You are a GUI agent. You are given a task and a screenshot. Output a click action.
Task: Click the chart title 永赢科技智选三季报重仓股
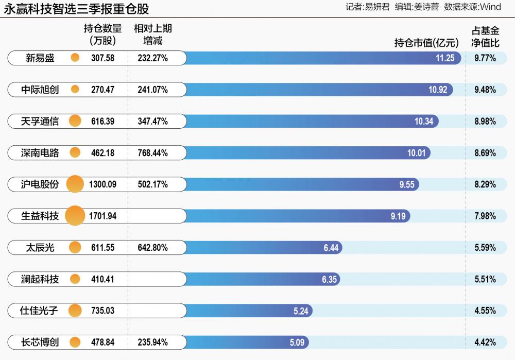tap(78, 9)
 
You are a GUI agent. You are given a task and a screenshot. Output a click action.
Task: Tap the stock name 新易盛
tap(40, 58)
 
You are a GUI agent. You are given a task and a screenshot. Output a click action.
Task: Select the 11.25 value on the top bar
tap(445, 58)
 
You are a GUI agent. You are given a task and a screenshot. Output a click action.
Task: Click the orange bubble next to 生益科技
tap(75, 216)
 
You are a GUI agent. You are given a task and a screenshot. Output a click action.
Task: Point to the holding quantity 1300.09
tap(102, 184)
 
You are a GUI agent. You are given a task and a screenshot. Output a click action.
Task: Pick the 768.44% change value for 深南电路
tap(152, 153)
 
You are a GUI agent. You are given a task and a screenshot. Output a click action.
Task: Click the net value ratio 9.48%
tap(485, 90)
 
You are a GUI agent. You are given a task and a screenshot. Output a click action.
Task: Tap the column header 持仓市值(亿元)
tap(426, 43)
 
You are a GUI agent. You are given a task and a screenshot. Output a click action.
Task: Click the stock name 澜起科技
tap(40, 279)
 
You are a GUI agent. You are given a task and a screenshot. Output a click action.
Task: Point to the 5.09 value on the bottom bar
tap(298, 342)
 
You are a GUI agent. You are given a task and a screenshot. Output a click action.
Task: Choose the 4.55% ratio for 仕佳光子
tap(485, 311)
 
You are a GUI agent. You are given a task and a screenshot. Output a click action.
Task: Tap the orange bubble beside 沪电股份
tap(75, 184)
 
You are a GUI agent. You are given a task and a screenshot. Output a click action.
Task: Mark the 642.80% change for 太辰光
tap(152, 248)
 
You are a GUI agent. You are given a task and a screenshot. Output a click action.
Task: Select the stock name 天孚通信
tap(40, 122)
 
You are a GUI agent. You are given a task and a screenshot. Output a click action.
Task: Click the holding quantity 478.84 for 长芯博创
tap(102, 342)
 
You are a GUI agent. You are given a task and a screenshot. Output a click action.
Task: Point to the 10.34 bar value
tap(424, 122)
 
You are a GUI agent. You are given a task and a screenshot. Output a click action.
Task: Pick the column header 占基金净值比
tap(485, 37)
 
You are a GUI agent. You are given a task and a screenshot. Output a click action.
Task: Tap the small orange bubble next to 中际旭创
tap(75, 90)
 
